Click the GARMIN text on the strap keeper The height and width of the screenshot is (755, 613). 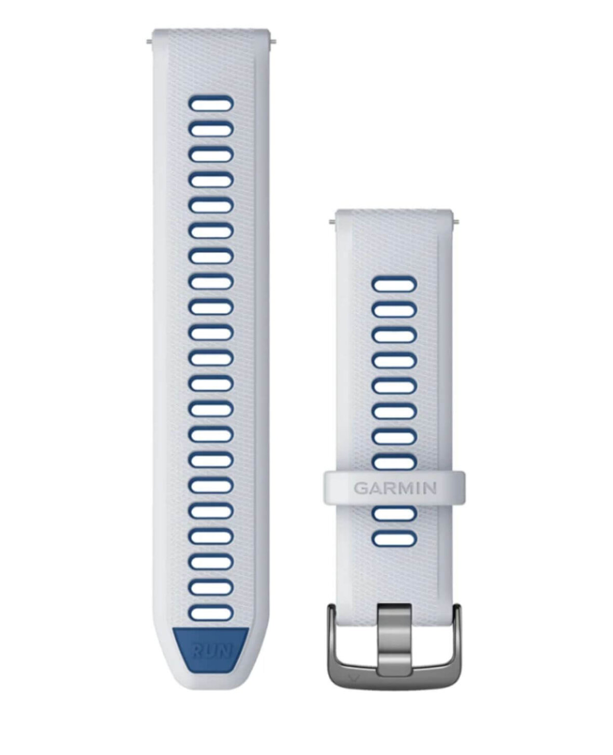[395, 488]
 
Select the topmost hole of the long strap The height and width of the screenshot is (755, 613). [211, 103]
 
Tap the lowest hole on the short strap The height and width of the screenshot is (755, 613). [394, 539]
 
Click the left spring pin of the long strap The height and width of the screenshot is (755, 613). [149, 43]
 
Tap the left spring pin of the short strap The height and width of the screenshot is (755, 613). [332, 222]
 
